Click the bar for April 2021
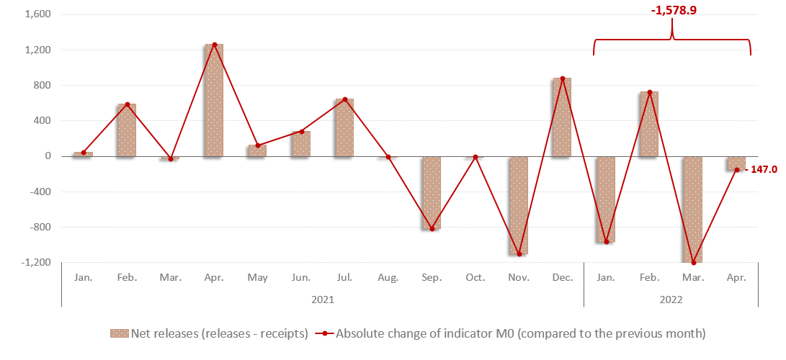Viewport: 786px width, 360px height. pyautogui.click(x=214, y=100)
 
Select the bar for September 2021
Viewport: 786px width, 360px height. pyautogui.click(x=432, y=192)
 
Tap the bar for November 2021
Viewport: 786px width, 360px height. pyautogui.click(x=519, y=205)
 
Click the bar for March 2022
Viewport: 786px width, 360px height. pyautogui.click(x=693, y=209)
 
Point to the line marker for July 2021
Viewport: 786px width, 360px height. pyautogui.click(x=344, y=99)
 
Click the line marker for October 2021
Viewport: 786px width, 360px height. pyautogui.click(x=475, y=157)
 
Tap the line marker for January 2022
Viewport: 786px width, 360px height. pyautogui.click(x=606, y=242)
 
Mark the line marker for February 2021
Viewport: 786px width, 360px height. pyautogui.click(x=127, y=104)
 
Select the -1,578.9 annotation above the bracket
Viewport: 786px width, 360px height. pyautogui.click(x=673, y=11)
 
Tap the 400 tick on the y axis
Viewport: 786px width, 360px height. pyautogui.click(x=41, y=120)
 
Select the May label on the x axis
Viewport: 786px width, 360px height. pyautogui.click(x=257, y=277)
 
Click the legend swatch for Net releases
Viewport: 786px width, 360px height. pyautogui.click(x=119, y=333)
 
